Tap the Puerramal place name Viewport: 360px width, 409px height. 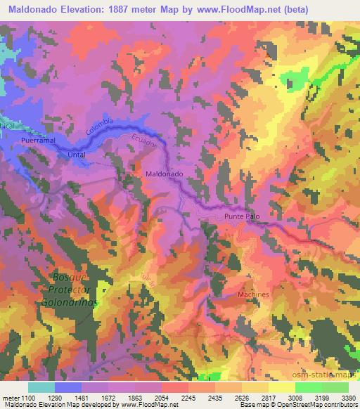[39, 141]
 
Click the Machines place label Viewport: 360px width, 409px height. [254, 294]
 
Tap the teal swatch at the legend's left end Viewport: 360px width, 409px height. [41, 387]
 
